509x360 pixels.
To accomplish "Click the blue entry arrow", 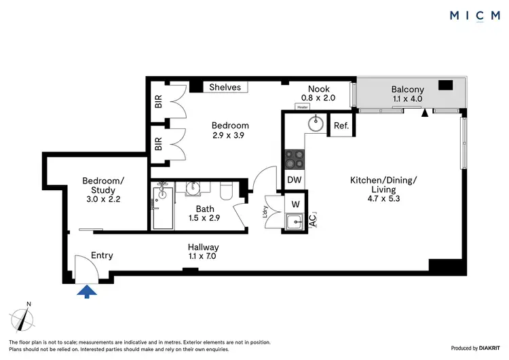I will pyautogui.click(x=88, y=291).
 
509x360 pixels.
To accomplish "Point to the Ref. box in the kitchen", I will pyautogui.click(x=341, y=125).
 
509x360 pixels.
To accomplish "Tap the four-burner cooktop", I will pyautogui.click(x=295, y=159).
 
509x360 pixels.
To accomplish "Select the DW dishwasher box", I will pyautogui.click(x=295, y=180).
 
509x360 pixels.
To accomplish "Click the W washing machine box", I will pyautogui.click(x=296, y=202).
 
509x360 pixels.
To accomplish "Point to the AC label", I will pyautogui.click(x=312, y=219).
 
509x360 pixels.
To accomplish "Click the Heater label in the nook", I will pyautogui.click(x=303, y=107).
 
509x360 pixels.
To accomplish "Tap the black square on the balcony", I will pyautogui.click(x=446, y=86).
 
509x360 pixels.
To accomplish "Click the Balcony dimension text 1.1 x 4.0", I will pyautogui.click(x=407, y=99).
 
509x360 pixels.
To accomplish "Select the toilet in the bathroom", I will pyautogui.click(x=227, y=191).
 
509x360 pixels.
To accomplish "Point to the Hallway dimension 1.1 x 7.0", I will pyautogui.click(x=203, y=257).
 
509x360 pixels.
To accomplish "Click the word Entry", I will pyautogui.click(x=100, y=255).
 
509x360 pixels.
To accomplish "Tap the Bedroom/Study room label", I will pyautogui.click(x=104, y=185).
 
